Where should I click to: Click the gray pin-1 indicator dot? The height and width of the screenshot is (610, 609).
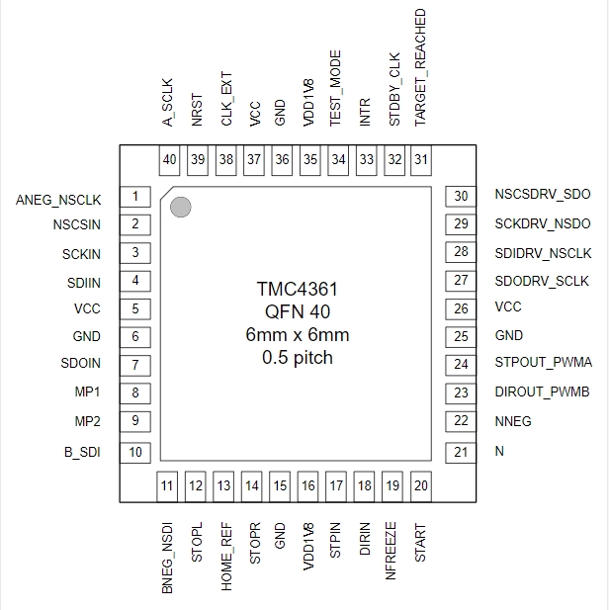pyautogui.click(x=181, y=207)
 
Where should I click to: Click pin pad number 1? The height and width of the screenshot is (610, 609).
pyautogui.click(x=135, y=197)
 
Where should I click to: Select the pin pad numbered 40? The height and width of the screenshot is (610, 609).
pyautogui.click(x=169, y=160)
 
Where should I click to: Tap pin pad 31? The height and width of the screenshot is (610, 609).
pyautogui.click(x=421, y=160)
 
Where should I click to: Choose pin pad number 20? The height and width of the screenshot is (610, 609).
pyautogui.click(x=421, y=486)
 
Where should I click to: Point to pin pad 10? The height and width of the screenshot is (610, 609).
pyautogui.click(x=135, y=453)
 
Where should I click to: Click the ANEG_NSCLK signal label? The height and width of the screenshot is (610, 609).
pyautogui.click(x=58, y=200)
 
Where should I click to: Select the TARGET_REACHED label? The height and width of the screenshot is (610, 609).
pyautogui.click(x=420, y=67)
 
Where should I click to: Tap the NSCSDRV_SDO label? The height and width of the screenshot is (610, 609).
pyautogui.click(x=543, y=194)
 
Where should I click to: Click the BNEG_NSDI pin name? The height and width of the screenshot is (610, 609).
pyautogui.click(x=167, y=558)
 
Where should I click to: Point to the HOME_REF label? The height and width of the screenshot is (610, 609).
pyautogui.click(x=226, y=557)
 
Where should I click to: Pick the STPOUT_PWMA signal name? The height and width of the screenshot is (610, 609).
pyautogui.click(x=543, y=362)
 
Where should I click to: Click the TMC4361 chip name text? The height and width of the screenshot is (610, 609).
pyautogui.click(x=298, y=289)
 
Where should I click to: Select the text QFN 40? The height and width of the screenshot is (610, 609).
pyautogui.click(x=298, y=311)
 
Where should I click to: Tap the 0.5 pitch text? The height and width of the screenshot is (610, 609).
pyautogui.click(x=298, y=358)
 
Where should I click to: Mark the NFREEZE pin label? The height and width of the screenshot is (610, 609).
pyautogui.click(x=391, y=551)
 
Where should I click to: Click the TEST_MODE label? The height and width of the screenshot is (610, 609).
pyautogui.click(x=335, y=88)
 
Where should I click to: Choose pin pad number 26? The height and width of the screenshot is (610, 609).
pyautogui.click(x=461, y=308)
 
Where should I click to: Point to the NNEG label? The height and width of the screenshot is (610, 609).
pyautogui.click(x=513, y=421)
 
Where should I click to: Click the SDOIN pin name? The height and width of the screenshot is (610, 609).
pyautogui.click(x=80, y=364)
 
